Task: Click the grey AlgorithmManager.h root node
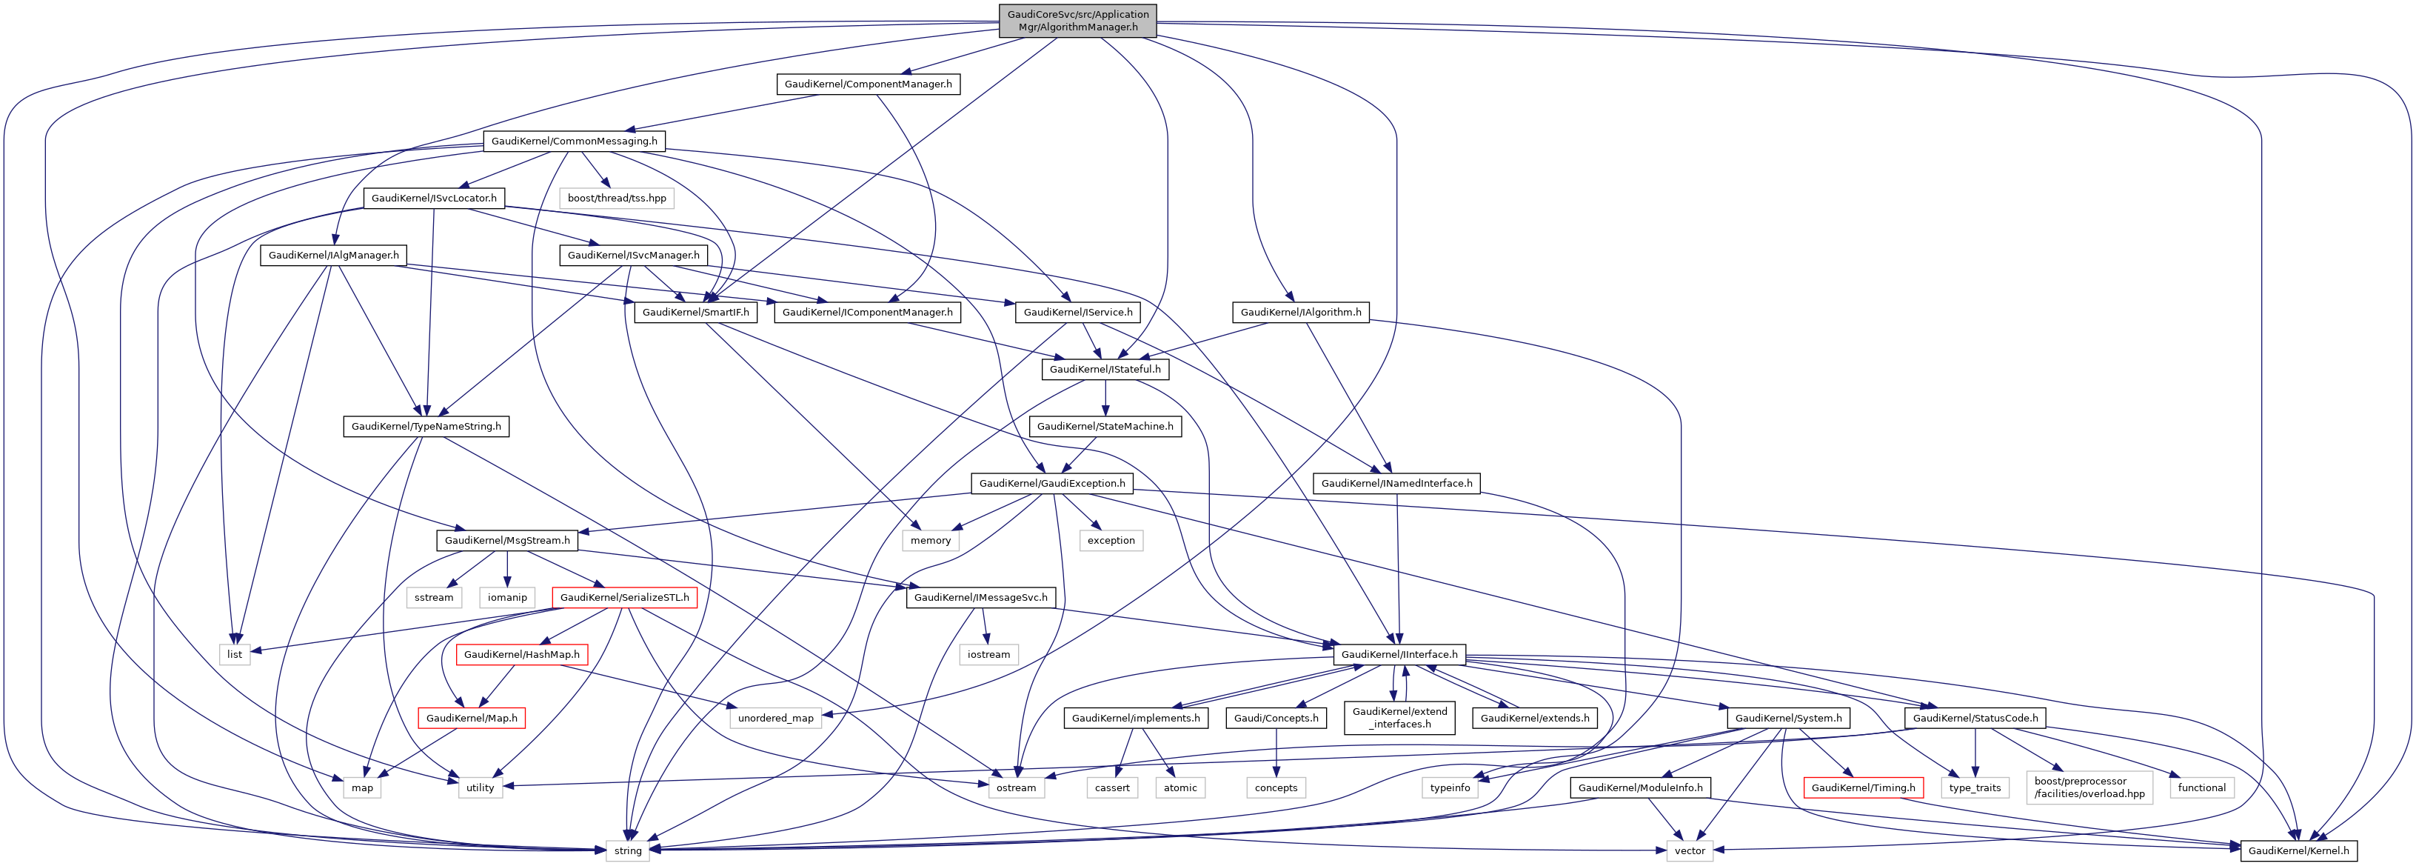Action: pos(1077,21)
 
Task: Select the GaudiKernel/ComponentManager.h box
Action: pos(868,84)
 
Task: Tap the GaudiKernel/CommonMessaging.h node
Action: pos(574,141)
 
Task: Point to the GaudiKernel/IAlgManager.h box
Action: pos(333,255)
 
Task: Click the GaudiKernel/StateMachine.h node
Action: pos(1105,427)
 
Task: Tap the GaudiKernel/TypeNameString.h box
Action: pos(426,427)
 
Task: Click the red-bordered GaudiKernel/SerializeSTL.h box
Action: pos(623,598)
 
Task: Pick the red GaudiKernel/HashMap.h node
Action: pos(521,655)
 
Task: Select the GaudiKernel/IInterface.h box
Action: pos(1399,655)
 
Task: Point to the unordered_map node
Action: pos(776,719)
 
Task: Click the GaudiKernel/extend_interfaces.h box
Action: pos(1399,718)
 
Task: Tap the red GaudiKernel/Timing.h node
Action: pos(1863,788)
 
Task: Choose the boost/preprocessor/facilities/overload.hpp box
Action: pos(2089,787)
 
